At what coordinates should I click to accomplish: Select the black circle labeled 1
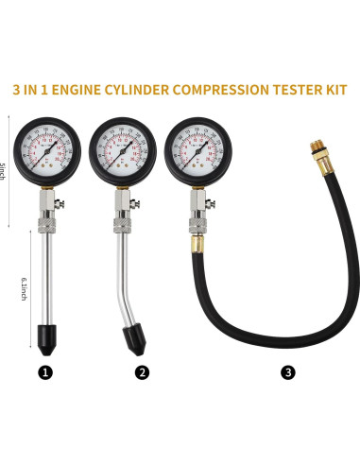tap(46, 372)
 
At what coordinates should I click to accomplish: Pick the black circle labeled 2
tap(143, 372)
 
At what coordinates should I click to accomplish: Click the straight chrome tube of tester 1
tap(45, 274)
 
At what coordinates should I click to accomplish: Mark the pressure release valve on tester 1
tap(60, 200)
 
